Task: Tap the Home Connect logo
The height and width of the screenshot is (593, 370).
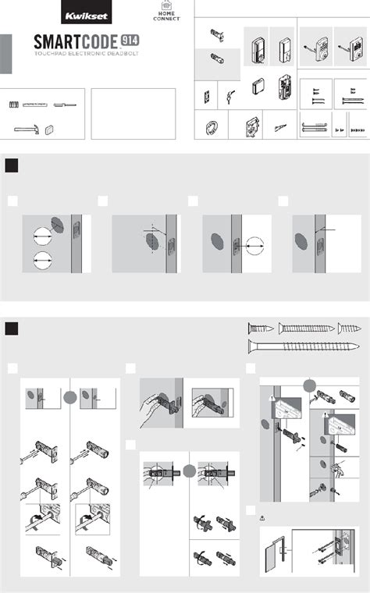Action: click(x=166, y=11)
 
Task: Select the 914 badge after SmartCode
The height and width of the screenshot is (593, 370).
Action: click(x=130, y=40)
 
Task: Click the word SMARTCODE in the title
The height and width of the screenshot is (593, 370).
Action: click(x=76, y=41)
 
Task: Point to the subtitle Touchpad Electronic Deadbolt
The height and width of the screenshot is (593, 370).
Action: click(x=87, y=54)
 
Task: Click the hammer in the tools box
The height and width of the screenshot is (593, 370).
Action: click(x=27, y=130)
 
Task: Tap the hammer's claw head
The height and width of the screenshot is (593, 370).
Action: click(x=36, y=130)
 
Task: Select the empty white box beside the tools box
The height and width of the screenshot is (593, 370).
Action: click(x=133, y=114)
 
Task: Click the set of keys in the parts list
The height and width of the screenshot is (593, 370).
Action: click(x=230, y=97)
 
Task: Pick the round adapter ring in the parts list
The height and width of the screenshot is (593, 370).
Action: click(x=210, y=127)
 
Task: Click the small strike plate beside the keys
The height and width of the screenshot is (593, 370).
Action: click(x=208, y=97)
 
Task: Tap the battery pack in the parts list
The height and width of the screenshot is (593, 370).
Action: click(x=258, y=87)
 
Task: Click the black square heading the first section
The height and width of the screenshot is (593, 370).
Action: click(x=12, y=165)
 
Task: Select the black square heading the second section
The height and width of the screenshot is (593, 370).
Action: click(x=12, y=328)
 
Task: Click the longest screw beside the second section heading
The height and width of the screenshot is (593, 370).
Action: click(x=304, y=346)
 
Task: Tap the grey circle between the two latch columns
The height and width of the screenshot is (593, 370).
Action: click(x=70, y=397)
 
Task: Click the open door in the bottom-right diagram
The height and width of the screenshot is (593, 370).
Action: click(x=272, y=556)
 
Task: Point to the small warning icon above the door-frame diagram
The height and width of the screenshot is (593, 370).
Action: click(x=262, y=518)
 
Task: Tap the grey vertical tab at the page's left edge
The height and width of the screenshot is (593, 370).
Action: click(x=5, y=54)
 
